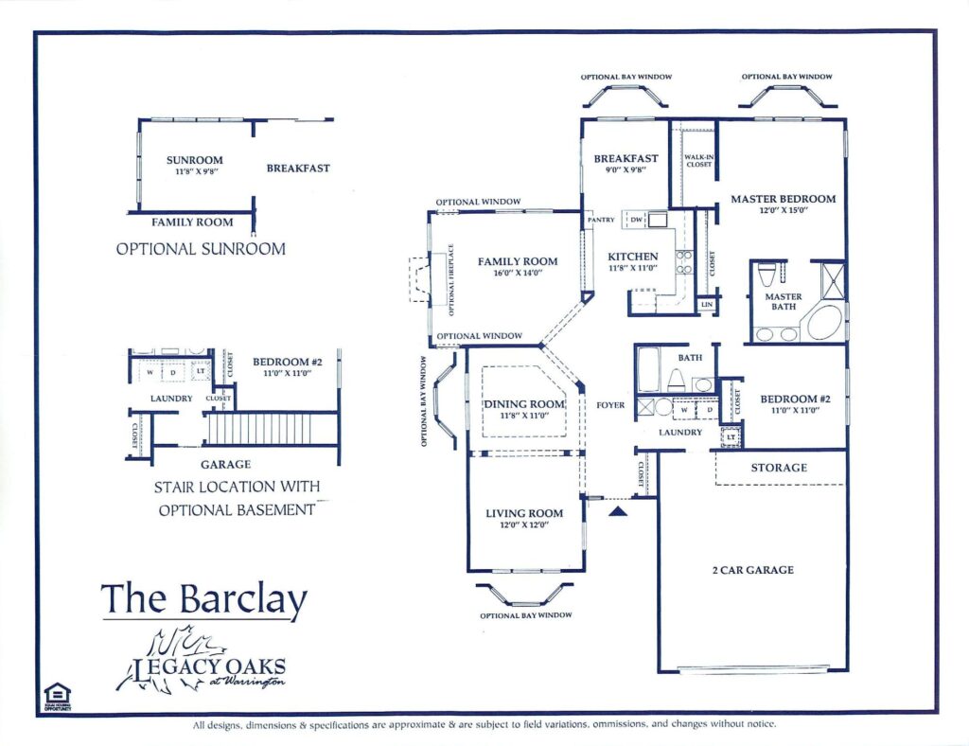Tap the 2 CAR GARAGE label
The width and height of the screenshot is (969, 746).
point(752,570)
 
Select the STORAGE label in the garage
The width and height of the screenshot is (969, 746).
point(779,468)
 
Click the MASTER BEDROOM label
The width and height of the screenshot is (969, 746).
point(783,199)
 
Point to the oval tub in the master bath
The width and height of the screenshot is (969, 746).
point(823,323)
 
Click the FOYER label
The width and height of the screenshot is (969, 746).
point(610,405)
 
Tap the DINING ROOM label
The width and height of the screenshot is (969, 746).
point(524,404)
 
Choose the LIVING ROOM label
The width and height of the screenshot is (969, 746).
point(524,514)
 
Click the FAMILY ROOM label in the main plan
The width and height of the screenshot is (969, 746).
point(517,261)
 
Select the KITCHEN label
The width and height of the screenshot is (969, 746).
point(633,257)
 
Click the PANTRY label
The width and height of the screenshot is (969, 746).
point(601,220)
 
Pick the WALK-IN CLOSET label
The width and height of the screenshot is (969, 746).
point(698,161)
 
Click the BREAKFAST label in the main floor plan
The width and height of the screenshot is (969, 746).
point(625,158)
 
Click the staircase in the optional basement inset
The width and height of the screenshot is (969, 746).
point(257,428)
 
